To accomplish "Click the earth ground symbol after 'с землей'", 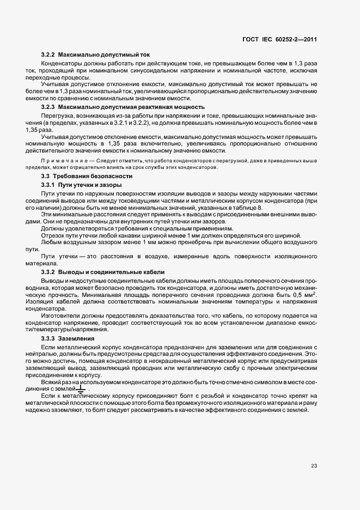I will tap(82, 388).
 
